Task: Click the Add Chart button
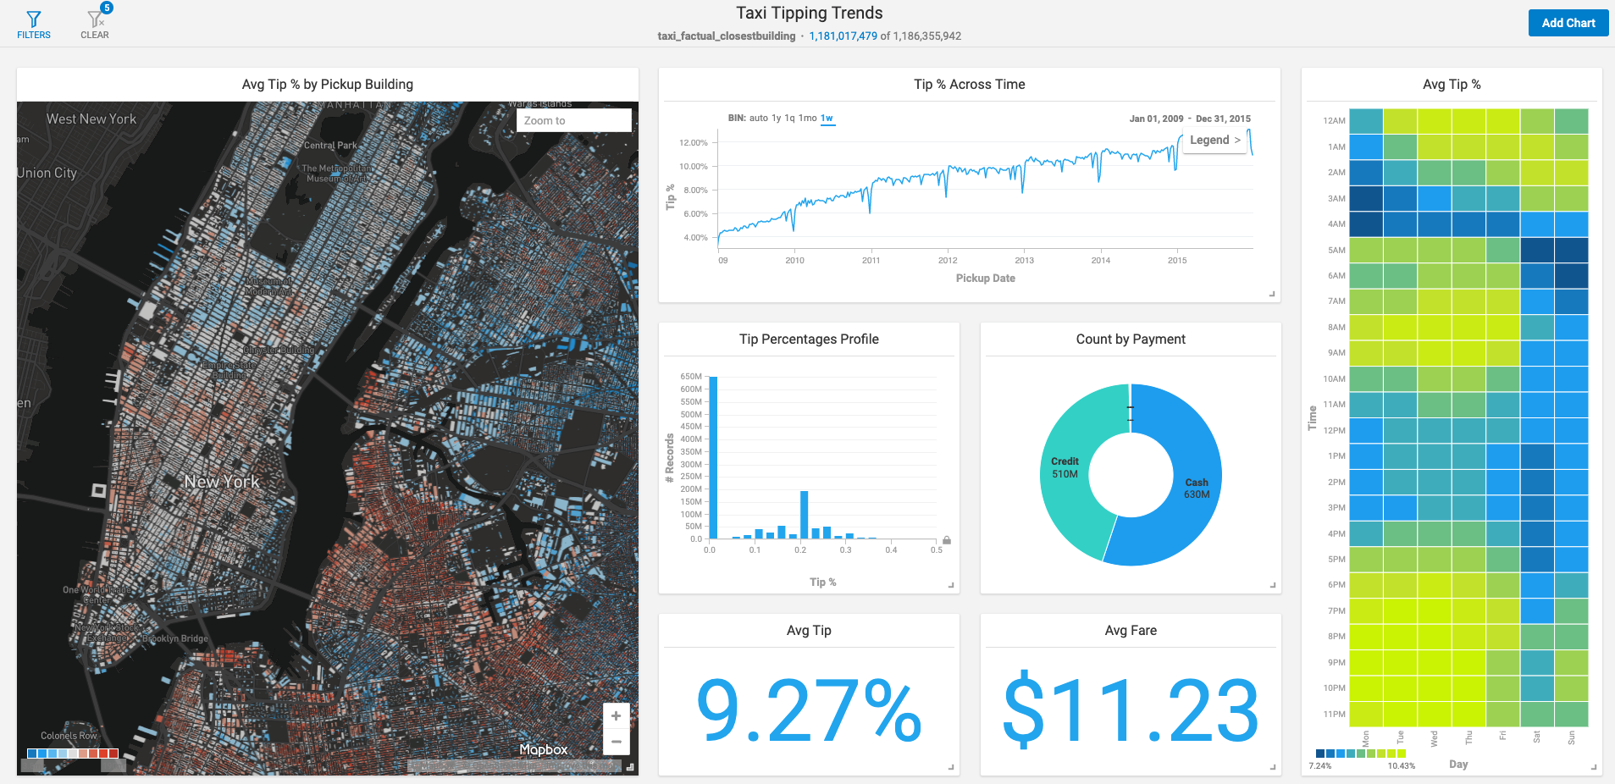1568,23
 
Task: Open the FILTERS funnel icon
34,23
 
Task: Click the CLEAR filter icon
95,23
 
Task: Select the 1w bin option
827,119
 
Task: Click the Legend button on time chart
1214,141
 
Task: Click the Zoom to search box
573,120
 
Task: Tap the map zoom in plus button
616,715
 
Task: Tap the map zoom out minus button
616,742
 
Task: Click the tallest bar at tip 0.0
713,457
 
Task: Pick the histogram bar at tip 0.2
804,514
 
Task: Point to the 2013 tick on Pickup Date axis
1024,261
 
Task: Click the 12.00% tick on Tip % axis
693,143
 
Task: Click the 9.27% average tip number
808,711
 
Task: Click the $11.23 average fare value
1130,711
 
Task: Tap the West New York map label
91,119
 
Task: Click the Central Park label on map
330,146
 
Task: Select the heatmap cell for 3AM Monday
1365,198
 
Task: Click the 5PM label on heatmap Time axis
1336,560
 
